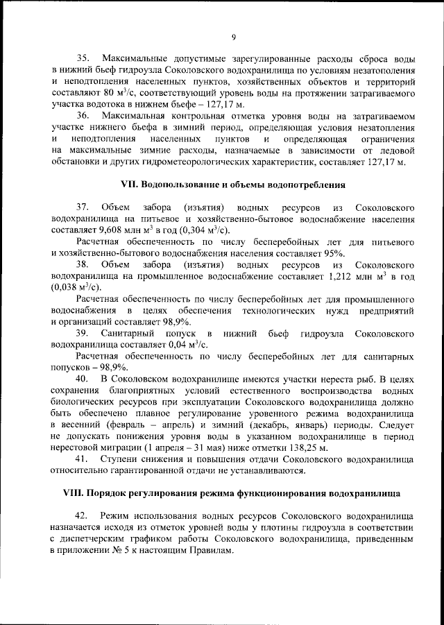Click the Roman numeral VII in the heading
click(x=129, y=185)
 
